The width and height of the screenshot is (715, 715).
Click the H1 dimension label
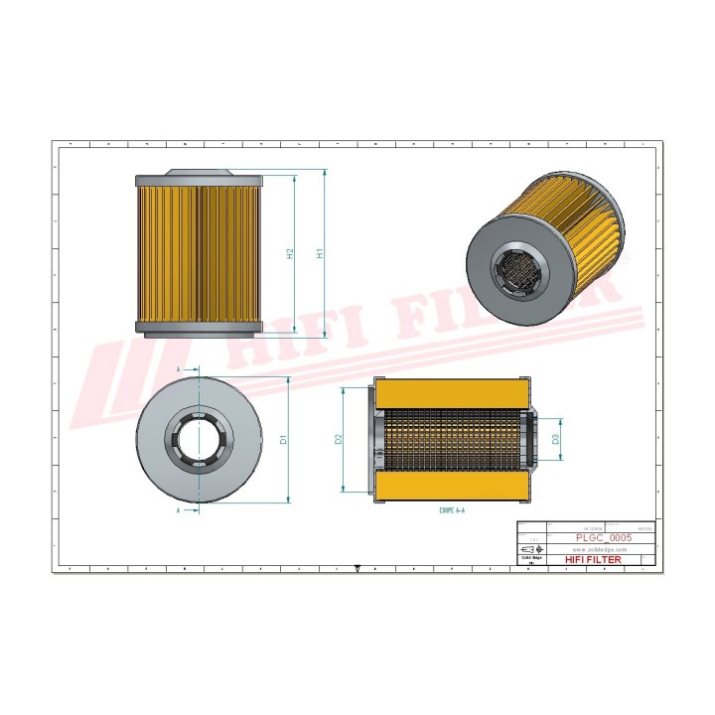click(x=320, y=253)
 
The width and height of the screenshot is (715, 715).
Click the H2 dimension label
click(x=290, y=253)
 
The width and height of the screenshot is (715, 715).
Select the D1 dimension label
click(x=283, y=438)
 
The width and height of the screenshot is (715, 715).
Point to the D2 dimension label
click(x=339, y=438)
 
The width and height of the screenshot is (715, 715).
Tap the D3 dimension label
click(x=555, y=438)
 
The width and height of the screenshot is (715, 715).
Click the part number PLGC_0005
click(x=604, y=537)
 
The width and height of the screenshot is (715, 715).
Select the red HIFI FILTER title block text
click(x=593, y=560)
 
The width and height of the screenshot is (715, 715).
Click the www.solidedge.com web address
click(x=601, y=549)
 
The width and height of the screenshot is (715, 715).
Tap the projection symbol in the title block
click(x=532, y=549)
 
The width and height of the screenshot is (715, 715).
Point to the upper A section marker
click(x=178, y=368)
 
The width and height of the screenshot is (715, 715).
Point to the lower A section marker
click(x=178, y=510)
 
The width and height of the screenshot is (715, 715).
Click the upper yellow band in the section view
click(x=451, y=391)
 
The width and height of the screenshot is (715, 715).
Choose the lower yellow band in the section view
click(x=451, y=486)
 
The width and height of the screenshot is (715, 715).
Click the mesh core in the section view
click(x=451, y=438)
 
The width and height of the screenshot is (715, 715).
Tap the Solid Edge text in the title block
click(x=532, y=559)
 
